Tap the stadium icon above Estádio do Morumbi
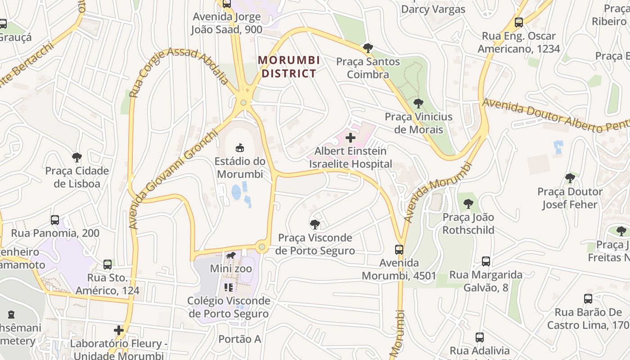[240, 148]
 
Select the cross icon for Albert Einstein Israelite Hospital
[350, 137]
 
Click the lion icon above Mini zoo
[230, 256]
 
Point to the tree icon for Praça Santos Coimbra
[368, 48]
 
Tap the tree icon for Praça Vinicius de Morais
[418, 103]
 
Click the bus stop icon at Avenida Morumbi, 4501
[399, 249]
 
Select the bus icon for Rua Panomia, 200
[55, 220]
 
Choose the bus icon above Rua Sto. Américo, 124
[108, 264]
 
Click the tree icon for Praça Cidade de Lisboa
[77, 157]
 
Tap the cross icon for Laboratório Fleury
[119, 330]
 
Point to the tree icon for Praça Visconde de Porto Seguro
[315, 224]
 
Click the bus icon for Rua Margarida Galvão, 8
[486, 261]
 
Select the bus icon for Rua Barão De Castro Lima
[588, 298]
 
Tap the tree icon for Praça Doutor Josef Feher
[570, 178]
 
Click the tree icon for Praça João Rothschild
[468, 204]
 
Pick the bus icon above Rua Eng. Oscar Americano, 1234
[518, 22]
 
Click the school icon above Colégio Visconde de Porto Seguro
[229, 287]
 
